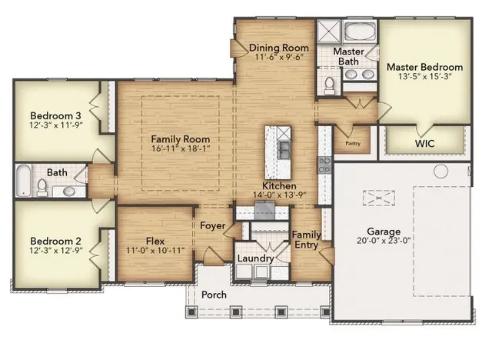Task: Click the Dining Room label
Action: [279, 48]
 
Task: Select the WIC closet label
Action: [425, 143]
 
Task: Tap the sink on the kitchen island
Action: [284, 146]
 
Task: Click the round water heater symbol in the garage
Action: [441, 171]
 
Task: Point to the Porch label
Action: [214, 295]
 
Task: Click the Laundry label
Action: [254, 258]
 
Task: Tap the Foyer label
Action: [213, 226]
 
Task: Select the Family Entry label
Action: [307, 239]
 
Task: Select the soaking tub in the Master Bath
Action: [359, 33]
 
